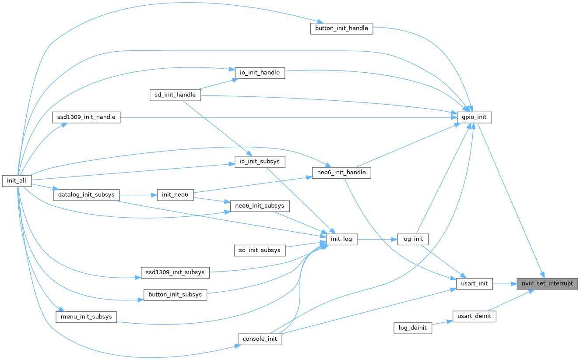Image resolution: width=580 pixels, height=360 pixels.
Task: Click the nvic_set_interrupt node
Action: coord(547,283)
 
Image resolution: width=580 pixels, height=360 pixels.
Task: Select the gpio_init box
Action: coord(474,117)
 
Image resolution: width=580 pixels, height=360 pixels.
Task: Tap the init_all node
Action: coord(17,181)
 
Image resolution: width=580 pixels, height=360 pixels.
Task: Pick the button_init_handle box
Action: coord(341,28)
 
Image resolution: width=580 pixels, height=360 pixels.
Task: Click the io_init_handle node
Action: coord(260,73)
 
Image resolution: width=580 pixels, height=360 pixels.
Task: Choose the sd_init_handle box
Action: coord(175,95)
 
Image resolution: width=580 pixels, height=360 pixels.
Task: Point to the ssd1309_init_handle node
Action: coord(86,117)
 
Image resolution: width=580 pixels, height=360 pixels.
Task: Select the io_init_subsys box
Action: coord(260,161)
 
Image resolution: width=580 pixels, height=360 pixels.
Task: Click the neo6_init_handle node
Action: coord(341,173)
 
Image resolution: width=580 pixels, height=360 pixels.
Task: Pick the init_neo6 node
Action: coord(175,195)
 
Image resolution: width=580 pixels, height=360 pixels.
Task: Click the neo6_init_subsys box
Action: coord(260,205)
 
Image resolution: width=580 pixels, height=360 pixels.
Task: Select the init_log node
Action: coord(341,239)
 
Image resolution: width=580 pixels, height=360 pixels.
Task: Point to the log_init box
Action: coord(412,239)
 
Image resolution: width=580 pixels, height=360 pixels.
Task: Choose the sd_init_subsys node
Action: coord(260,250)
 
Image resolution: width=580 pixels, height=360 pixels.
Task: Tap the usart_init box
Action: coord(474,283)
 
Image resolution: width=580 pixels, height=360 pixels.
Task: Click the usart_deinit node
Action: coord(474,316)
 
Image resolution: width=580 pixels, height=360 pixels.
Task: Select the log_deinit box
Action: coord(412,328)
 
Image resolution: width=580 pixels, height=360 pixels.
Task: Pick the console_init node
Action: coord(260,339)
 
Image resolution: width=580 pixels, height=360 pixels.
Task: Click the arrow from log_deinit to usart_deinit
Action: coord(442,322)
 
